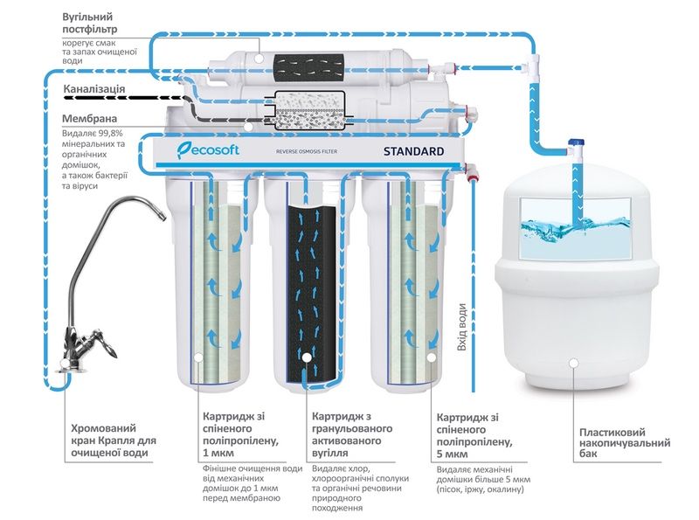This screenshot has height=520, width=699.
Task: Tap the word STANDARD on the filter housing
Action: pyautogui.click(x=413, y=152)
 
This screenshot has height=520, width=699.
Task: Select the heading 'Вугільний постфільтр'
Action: pyautogui.click(x=91, y=24)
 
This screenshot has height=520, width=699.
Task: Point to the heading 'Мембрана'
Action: pyautogui.click(x=91, y=119)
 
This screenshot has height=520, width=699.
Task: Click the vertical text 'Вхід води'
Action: pyautogui.click(x=462, y=328)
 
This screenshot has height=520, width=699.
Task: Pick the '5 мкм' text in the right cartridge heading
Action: pyautogui.click(x=451, y=454)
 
